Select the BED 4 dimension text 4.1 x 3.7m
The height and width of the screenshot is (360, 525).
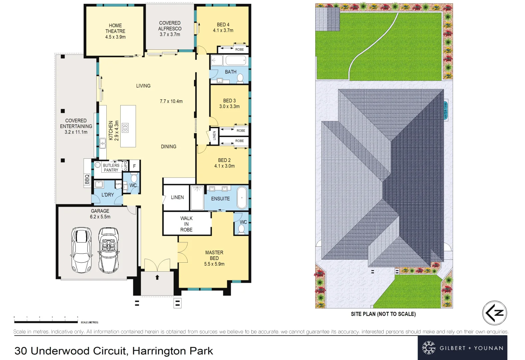click(223, 30)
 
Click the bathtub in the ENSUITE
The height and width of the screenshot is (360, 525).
click(242, 198)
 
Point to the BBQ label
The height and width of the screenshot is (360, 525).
click(87, 179)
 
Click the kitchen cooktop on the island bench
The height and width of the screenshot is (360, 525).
click(125, 128)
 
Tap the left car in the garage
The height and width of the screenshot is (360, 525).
click(81, 250)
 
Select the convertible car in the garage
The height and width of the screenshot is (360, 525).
click(108, 250)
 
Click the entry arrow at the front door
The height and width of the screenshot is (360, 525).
click(157, 277)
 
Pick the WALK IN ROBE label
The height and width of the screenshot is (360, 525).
click(186, 224)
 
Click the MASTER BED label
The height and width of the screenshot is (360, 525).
click(214, 255)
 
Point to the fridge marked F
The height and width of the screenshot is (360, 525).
click(134, 166)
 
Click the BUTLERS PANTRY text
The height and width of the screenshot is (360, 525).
click(111, 168)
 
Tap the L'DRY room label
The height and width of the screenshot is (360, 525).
click(108, 195)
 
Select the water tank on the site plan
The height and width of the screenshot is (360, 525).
click(446, 110)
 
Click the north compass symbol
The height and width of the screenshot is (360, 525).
click(494, 313)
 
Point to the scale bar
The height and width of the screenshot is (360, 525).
click(46, 322)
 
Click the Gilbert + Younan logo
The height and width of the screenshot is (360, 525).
click(462, 348)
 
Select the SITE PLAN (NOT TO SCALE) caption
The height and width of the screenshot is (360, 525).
click(383, 314)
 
